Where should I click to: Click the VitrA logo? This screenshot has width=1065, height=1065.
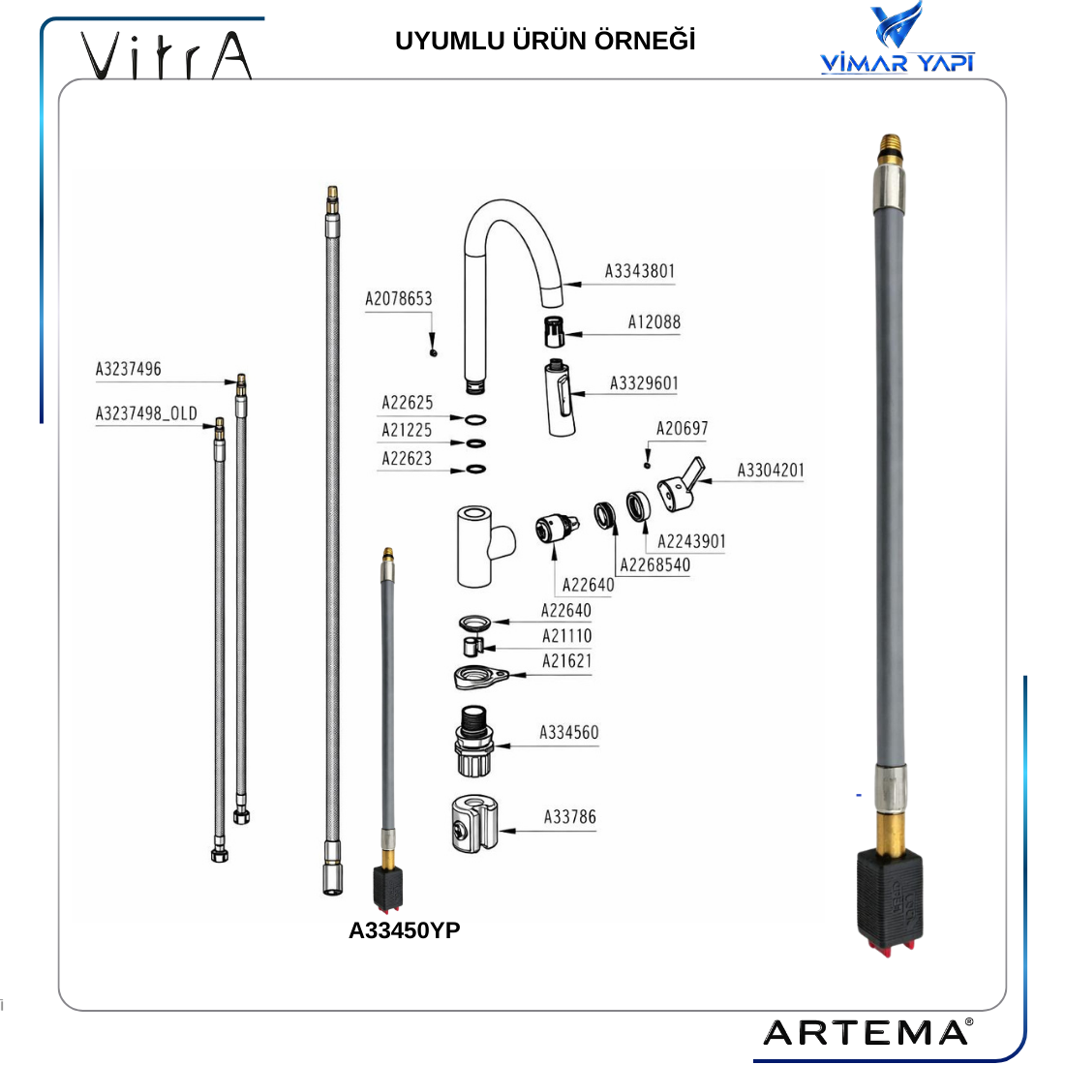pos(167,56)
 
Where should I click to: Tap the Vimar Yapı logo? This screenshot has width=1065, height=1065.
pos(898,38)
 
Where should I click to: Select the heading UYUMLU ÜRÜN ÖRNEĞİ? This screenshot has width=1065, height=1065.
pos(545,41)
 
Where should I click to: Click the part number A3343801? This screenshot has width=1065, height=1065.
pos(640,272)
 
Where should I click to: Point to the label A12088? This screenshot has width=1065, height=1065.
pos(654,322)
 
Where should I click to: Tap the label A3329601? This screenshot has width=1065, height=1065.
pos(644,383)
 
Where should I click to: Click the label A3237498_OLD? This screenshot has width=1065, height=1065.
pos(146,413)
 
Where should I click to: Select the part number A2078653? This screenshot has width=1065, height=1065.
pos(399,299)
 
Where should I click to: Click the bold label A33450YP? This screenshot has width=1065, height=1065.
pos(404,930)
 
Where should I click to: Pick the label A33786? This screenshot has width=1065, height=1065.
pos(570,817)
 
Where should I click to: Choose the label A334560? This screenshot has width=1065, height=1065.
pos(569,733)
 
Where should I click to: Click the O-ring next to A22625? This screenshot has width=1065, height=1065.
pos(475,420)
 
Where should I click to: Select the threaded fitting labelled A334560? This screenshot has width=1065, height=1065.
pos(473,742)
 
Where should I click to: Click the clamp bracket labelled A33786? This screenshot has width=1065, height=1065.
pos(474,824)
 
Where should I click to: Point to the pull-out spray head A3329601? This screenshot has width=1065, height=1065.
pos(560,399)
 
